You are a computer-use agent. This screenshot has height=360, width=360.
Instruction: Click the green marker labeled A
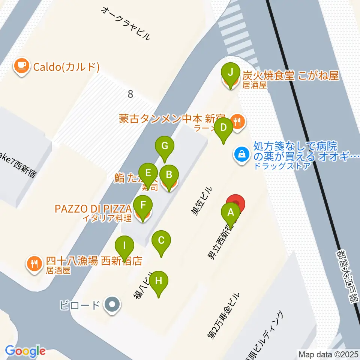231,213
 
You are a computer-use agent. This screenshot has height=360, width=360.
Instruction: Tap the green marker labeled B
169,174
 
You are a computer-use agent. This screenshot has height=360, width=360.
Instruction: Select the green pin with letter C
161,240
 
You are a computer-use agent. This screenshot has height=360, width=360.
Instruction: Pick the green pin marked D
224,127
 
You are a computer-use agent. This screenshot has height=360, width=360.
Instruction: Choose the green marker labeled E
148,173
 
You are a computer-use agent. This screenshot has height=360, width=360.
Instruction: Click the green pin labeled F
143,205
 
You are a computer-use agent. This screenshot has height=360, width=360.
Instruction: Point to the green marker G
165,145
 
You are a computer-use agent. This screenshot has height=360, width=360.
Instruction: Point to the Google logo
25,351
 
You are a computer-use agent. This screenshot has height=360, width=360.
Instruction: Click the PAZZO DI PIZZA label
93,208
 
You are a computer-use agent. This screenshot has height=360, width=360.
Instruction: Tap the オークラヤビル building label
126,22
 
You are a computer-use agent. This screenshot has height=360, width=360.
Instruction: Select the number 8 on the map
130,94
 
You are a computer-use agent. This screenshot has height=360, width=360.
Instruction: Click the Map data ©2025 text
327,354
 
